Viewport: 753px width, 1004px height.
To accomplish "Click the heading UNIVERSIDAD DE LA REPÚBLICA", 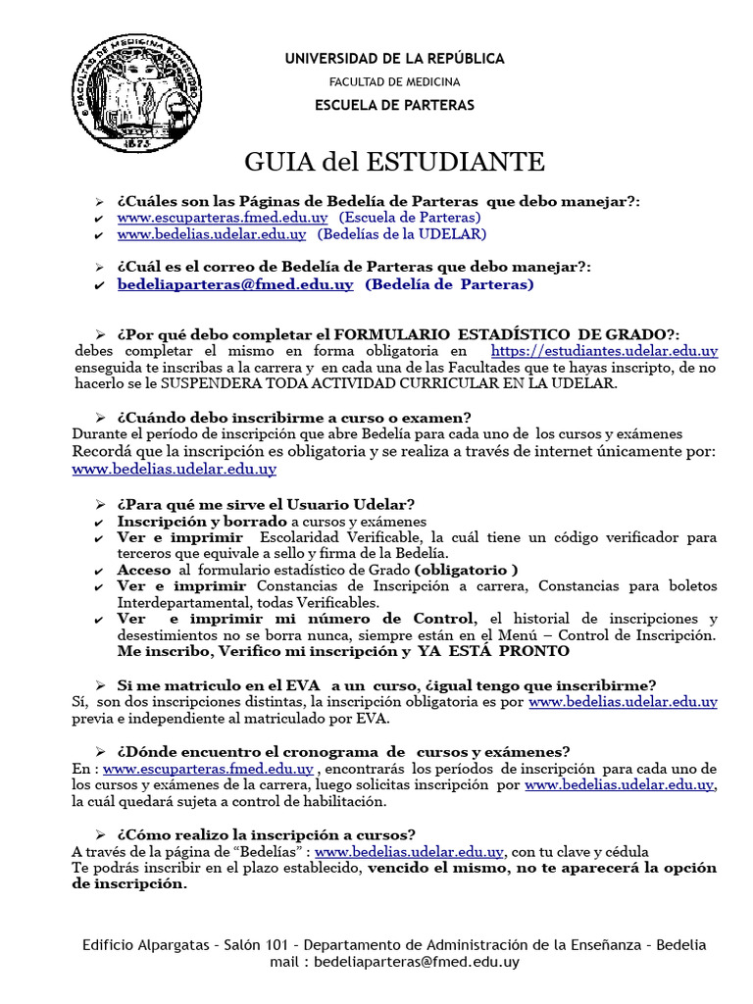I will tap(394, 59).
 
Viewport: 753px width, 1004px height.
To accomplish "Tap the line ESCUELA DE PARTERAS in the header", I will tap(394, 105).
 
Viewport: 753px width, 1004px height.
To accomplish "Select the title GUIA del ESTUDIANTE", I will tap(394, 162).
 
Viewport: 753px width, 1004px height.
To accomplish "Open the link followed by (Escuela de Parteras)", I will tap(223, 217).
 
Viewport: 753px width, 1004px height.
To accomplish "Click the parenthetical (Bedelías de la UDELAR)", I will tap(400, 234).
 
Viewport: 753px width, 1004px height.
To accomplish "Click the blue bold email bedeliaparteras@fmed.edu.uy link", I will tap(235, 284).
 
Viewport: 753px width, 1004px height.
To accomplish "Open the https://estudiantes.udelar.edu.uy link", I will tap(604, 350).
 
